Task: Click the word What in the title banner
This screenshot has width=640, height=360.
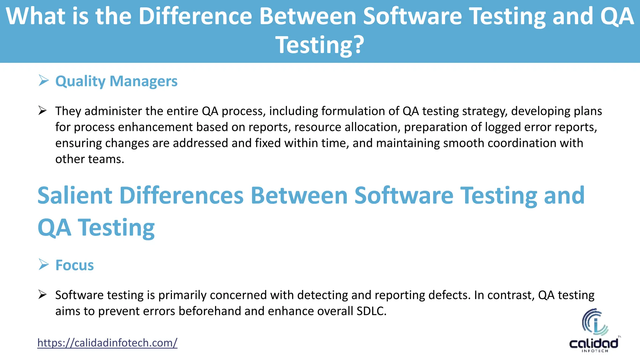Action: click(35, 16)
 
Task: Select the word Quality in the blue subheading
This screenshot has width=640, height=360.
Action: click(80, 81)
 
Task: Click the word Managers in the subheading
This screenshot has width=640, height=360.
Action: click(143, 81)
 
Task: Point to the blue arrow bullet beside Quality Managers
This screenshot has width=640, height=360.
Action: click(43, 81)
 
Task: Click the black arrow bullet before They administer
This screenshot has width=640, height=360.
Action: click(42, 111)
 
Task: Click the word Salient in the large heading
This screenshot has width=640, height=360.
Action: click(75, 196)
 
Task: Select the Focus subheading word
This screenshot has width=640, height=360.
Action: click(74, 265)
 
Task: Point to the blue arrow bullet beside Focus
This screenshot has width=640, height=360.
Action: click(43, 265)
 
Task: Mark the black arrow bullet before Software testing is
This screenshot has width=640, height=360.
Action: click(42, 295)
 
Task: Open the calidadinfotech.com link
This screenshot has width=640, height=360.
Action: click(107, 343)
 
